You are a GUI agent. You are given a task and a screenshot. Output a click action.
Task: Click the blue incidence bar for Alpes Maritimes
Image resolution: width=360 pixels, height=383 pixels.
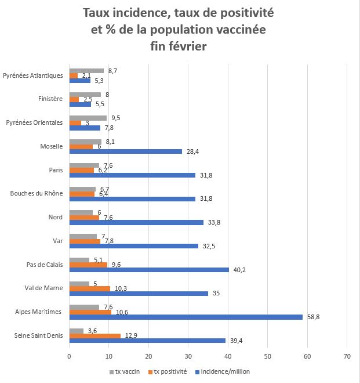[186, 317]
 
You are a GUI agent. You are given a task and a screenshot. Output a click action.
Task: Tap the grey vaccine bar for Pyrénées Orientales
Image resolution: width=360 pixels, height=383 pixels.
[88, 118]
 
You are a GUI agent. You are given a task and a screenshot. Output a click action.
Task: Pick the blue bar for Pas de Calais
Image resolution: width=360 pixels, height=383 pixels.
[149, 269]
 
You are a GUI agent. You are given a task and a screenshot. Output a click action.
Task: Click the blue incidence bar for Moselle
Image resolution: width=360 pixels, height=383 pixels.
[125, 151]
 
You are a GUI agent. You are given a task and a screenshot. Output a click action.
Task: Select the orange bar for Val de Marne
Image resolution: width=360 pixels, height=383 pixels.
[89, 288]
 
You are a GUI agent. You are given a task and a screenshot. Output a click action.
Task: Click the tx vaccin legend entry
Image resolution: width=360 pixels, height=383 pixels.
[125, 371]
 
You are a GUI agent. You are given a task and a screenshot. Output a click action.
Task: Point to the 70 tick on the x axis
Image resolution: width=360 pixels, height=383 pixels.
[347, 356]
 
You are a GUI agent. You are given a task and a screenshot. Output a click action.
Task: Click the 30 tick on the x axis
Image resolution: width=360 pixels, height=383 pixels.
[188, 356]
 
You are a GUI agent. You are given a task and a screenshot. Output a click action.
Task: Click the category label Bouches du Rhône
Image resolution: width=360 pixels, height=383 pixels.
[35, 193]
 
